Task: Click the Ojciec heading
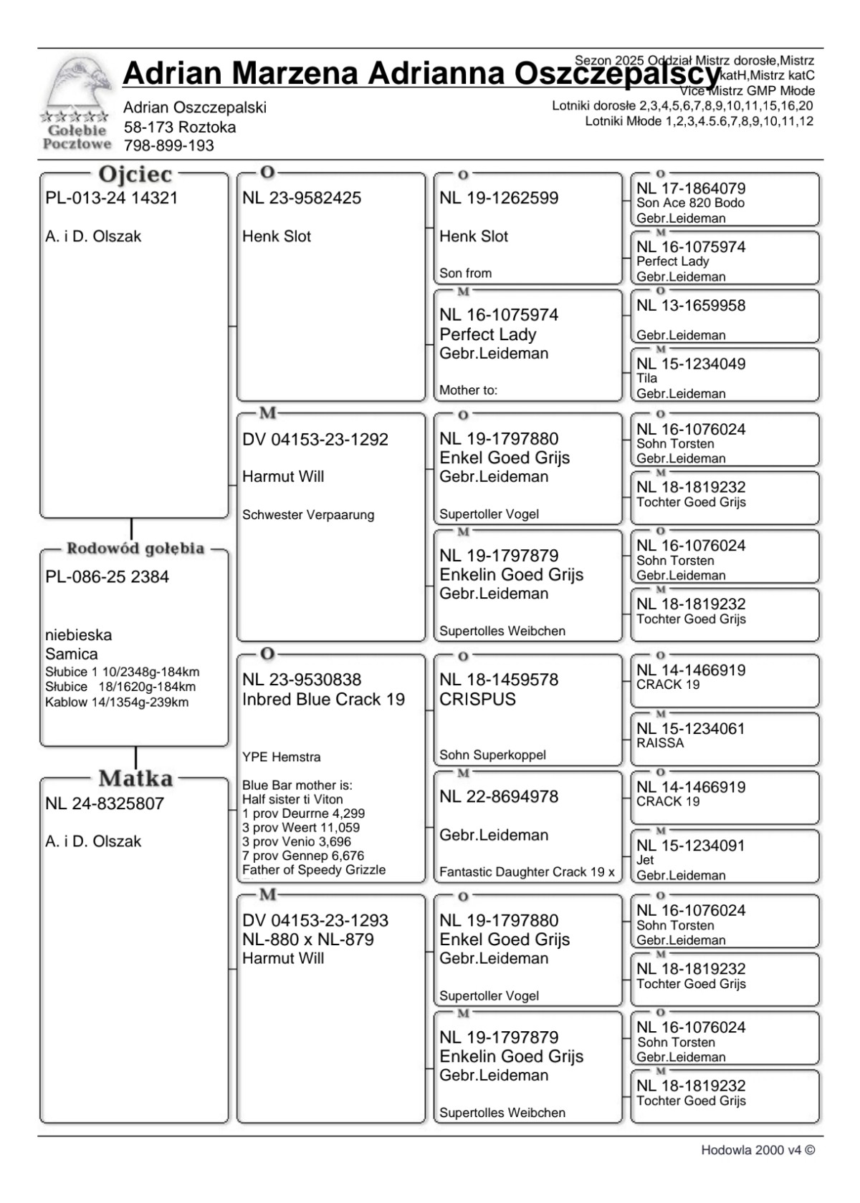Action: [135, 175]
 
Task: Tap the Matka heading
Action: [135, 778]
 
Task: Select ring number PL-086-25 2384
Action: [107, 577]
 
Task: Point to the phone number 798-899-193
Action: [169, 146]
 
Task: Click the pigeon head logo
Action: [77, 84]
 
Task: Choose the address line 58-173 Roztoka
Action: [180, 127]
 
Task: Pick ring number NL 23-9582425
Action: [302, 198]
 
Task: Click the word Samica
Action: [72, 654]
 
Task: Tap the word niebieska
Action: [79, 635]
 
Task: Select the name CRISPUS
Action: [477, 700]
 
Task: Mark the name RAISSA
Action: [660, 743]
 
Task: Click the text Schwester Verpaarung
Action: [308, 515]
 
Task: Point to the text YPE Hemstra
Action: [282, 758]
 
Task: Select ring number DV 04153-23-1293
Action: [315, 921]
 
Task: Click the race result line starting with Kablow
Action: [117, 702]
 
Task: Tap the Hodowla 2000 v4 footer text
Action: [758, 1150]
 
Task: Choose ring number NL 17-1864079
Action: [691, 189]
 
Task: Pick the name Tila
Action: [646, 378]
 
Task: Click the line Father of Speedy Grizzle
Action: [314, 870]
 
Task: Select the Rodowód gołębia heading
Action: [135, 549]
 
